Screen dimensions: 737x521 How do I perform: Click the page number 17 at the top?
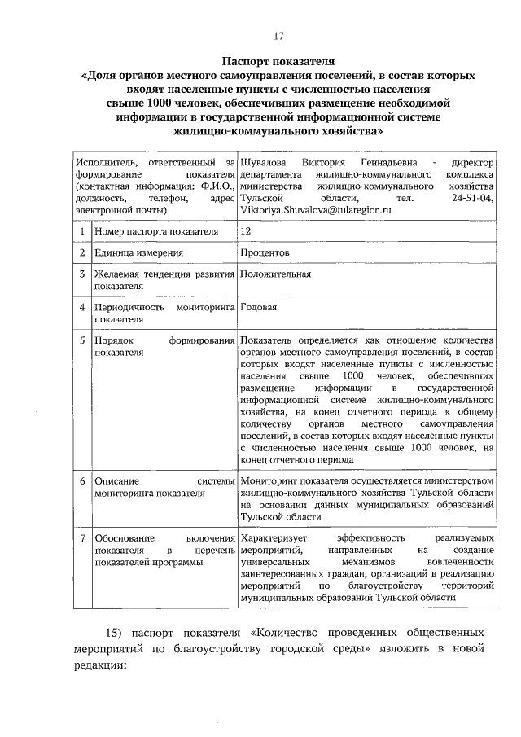[x=278, y=35]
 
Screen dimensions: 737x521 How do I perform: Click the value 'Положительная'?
[x=276, y=274]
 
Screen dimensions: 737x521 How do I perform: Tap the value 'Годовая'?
[x=259, y=308]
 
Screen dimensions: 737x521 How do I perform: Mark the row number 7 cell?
[x=82, y=539]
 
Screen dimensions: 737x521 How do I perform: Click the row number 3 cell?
[x=82, y=274]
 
